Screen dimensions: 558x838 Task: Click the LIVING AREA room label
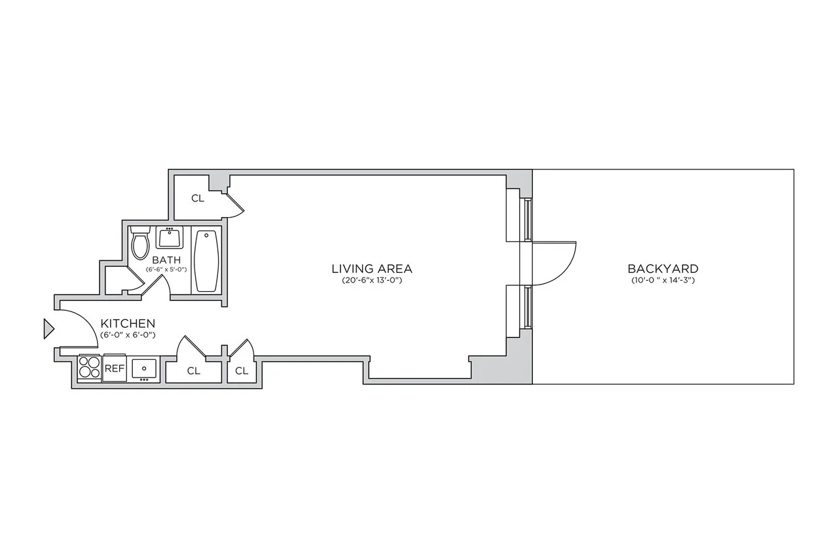(372, 268)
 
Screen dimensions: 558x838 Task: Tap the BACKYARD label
(663, 268)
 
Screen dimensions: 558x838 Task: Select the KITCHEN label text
(128, 323)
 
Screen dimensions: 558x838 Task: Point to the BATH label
(166, 260)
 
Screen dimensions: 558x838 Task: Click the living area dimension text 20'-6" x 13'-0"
(372, 281)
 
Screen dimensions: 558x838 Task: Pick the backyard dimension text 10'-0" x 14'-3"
(662, 281)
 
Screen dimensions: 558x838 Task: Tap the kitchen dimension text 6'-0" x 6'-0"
(128, 335)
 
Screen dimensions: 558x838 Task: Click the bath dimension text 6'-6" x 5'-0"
(166, 270)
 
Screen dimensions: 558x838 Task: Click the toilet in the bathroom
(140, 243)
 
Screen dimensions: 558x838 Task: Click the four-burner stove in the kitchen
(89, 368)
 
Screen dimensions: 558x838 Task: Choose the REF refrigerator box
(115, 368)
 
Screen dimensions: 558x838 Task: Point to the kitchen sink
(144, 368)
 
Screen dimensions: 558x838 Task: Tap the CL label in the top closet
(198, 198)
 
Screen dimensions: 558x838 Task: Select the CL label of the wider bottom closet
(193, 371)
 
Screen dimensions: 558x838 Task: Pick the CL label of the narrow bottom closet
(242, 371)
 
